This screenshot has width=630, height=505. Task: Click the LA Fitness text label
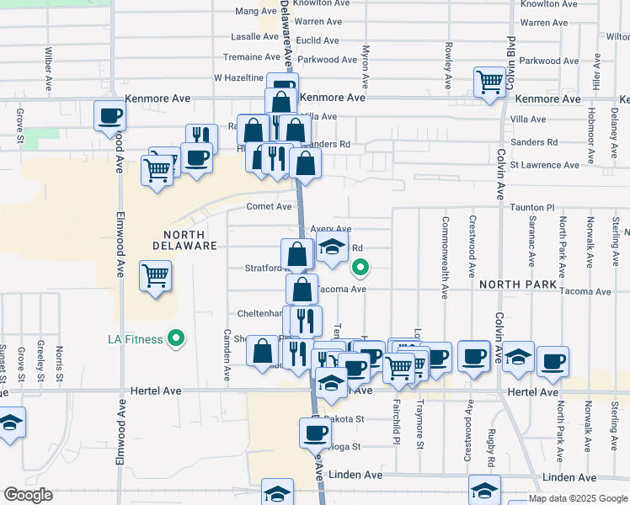(137, 340)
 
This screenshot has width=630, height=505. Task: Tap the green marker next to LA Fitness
(176, 339)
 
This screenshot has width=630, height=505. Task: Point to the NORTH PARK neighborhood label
(518, 284)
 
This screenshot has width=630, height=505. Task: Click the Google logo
(27, 495)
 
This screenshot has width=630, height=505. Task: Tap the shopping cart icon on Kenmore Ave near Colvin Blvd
(489, 82)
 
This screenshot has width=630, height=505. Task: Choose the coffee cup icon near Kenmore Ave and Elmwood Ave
(109, 116)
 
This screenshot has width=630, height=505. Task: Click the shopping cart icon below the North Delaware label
(156, 274)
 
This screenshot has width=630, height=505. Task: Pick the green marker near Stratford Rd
(360, 268)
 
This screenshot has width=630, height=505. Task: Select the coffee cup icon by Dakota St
(315, 433)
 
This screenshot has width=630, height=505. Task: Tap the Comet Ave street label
(269, 206)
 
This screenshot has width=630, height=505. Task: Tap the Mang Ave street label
(256, 11)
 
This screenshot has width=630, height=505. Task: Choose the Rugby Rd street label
(490, 445)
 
